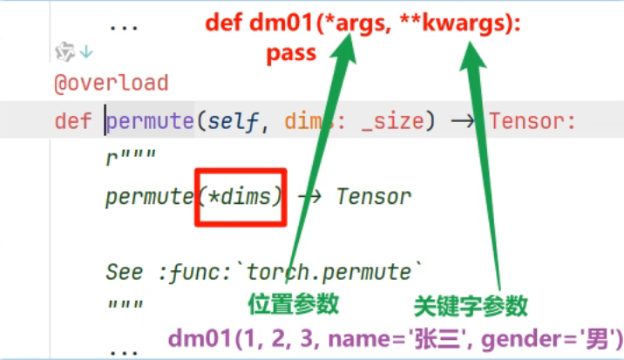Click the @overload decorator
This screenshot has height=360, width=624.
click(111, 84)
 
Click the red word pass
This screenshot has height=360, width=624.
click(291, 56)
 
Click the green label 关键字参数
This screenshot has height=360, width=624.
click(470, 305)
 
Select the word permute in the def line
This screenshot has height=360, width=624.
click(149, 120)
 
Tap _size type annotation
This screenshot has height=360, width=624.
click(393, 120)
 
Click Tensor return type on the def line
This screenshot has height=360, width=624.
click(532, 120)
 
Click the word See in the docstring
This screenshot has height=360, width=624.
click(125, 271)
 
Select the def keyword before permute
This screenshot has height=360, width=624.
click(72, 120)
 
